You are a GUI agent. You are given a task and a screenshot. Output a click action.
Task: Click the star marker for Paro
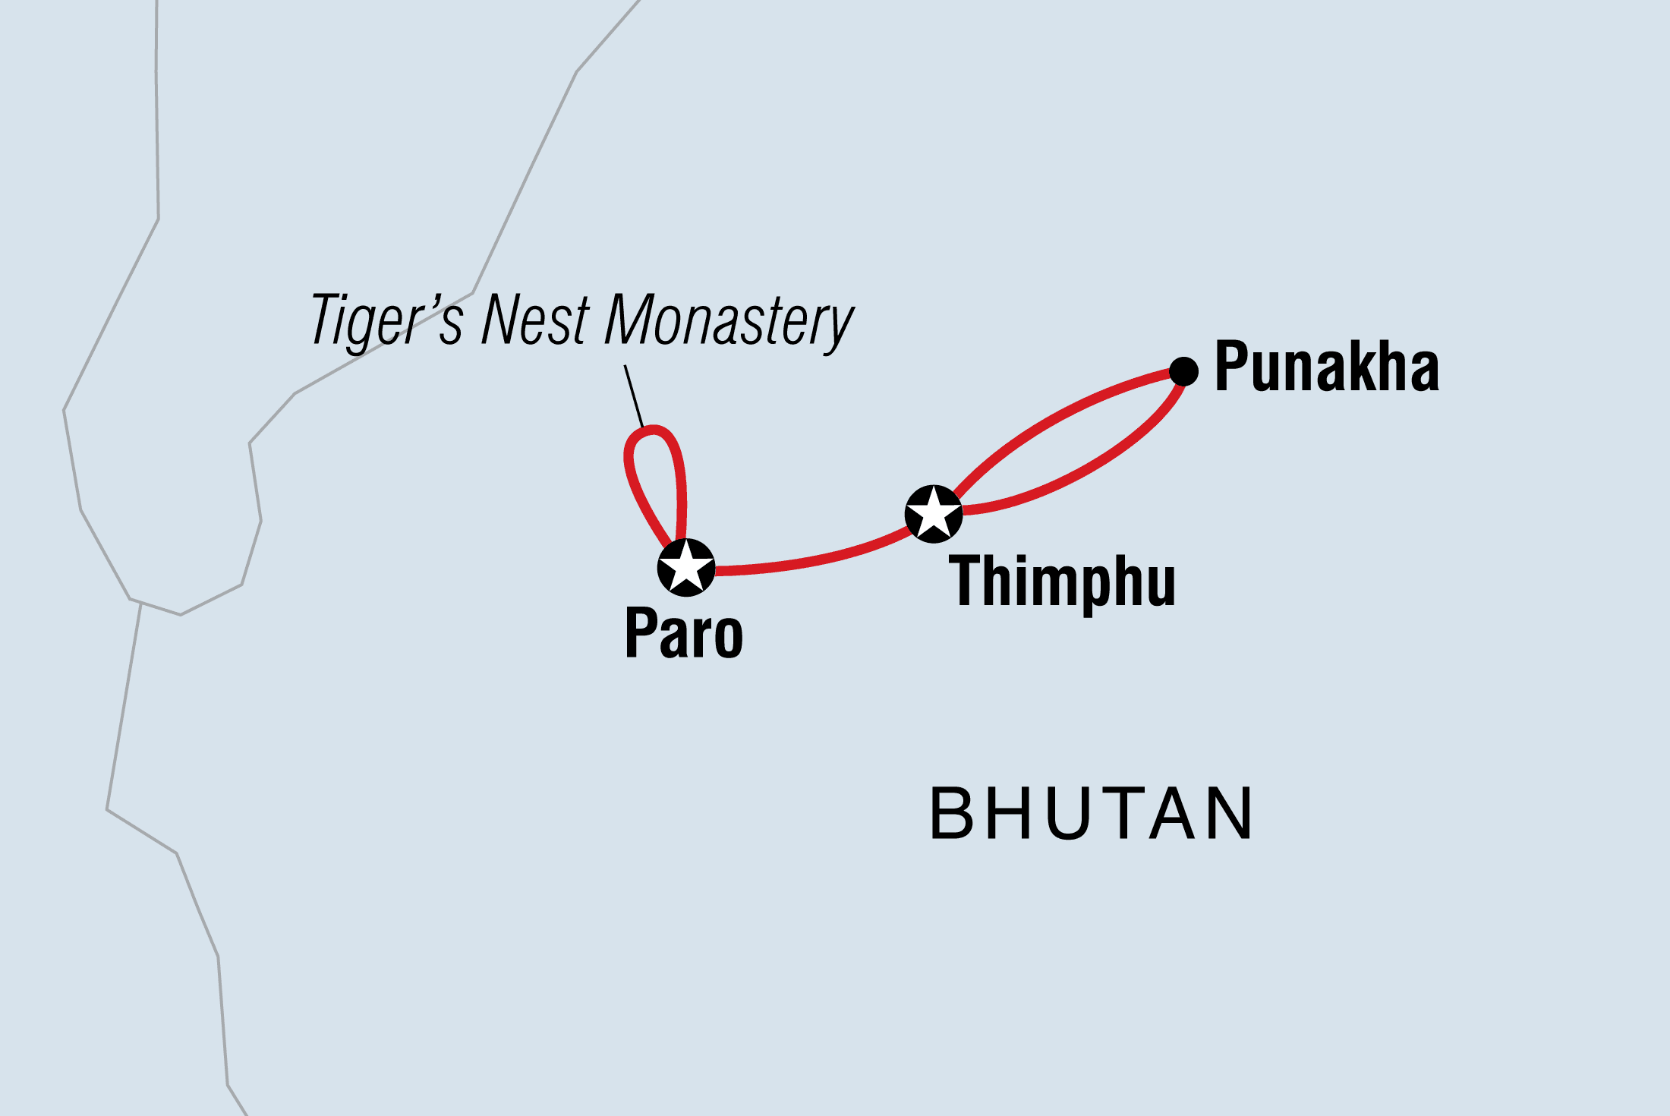point(686,567)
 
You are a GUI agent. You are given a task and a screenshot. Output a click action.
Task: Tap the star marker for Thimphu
point(934,514)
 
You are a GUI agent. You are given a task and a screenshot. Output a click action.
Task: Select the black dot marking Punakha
point(1183,371)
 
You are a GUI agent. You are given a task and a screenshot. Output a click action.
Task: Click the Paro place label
point(684,634)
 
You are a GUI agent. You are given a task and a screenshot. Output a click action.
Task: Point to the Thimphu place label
point(1062,582)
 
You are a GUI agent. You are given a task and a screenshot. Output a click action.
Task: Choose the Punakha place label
point(1327,367)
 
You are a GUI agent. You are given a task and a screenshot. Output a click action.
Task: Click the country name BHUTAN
point(1091,814)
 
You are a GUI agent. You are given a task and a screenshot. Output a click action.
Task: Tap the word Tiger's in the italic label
point(386,321)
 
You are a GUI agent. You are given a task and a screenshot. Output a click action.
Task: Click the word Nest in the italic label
point(535,320)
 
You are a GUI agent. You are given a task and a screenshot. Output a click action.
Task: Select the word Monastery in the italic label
point(729,321)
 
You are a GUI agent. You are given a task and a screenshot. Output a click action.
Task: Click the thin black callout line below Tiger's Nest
point(634,396)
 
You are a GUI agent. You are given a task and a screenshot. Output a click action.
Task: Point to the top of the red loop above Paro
point(653,430)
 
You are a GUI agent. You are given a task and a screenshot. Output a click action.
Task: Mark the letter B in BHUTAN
point(952,814)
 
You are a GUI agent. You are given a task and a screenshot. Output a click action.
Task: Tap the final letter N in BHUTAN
point(1230,814)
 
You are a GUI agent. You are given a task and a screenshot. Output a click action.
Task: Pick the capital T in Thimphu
point(969,581)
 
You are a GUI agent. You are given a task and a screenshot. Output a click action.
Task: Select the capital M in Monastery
point(635,320)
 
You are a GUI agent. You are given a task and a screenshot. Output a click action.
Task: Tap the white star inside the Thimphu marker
point(934,512)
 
